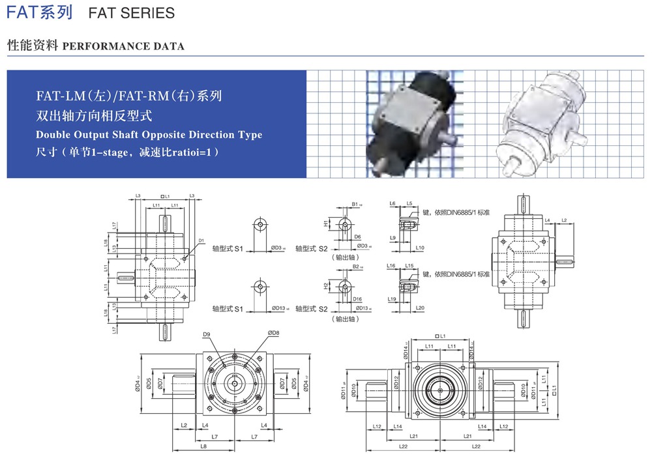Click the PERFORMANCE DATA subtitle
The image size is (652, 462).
[123, 46]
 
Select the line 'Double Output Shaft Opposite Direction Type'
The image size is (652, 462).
[149, 135]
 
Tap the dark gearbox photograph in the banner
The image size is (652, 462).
[411, 124]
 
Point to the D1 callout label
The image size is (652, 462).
[201, 240]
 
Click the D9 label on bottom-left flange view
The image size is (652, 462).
[206, 334]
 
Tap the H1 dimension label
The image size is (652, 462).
[325, 223]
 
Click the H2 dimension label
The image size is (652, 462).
[325, 285]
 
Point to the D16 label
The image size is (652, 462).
[358, 298]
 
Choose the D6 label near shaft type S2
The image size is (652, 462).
[358, 237]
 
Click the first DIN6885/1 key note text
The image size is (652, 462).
[457, 213]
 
